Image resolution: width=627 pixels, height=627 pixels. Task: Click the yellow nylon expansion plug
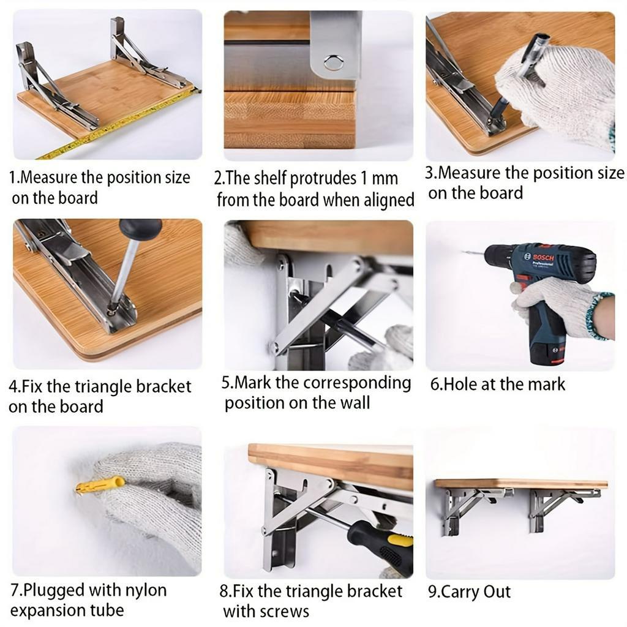click(x=100, y=485)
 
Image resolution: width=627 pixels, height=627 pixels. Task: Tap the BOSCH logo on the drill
click(x=543, y=258)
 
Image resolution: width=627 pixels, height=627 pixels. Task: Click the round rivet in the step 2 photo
click(x=333, y=62)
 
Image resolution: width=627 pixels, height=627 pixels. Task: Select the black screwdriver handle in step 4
click(x=140, y=229)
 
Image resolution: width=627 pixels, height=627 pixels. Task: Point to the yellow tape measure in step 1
click(x=120, y=124)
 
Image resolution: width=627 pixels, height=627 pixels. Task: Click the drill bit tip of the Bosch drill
click(x=464, y=252)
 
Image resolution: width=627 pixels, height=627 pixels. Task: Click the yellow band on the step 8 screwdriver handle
click(x=400, y=541)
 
